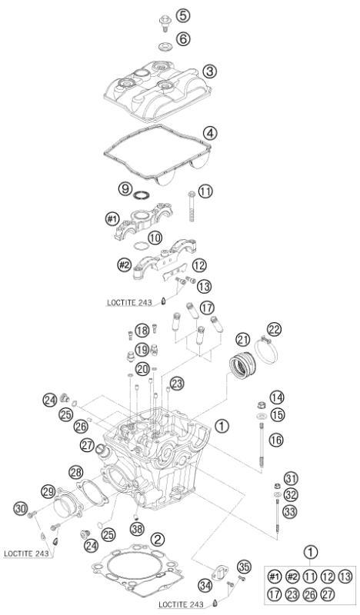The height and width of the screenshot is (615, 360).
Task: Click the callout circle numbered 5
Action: pyautogui.click(x=182, y=15)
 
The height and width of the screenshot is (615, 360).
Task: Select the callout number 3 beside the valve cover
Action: pyautogui.click(x=209, y=71)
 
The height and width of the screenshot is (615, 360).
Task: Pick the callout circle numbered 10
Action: pyautogui.click(x=155, y=238)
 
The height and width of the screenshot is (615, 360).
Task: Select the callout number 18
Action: pyautogui.click(x=142, y=331)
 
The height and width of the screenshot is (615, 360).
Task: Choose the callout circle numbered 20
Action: pyautogui.click(x=142, y=369)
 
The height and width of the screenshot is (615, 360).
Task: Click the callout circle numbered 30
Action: pyautogui.click(x=20, y=507)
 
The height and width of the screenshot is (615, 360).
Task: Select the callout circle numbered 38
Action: pyautogui.click(x=137, y=529)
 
